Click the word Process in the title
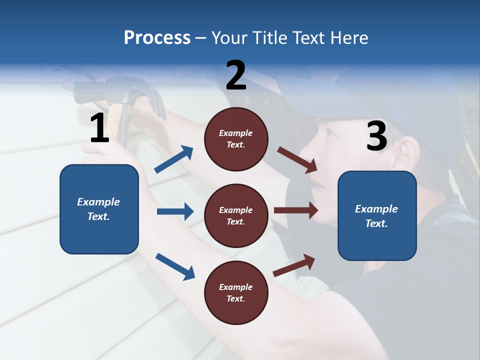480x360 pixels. pyautogui.click(x=157, y=37)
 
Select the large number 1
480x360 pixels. pyautogui.click(x=99, y=128)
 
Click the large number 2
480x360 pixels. pyautogui.click(x=236, y=75)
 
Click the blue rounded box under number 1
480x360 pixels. pyautogui.click(x=99, y=209)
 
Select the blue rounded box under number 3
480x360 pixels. pyautogui.click(x=377, y=215)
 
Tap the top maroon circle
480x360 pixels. pyautogui.click(x=236, y=138)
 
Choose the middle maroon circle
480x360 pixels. pyautogui.click(x=236, y=215)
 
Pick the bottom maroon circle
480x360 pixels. pyautogui.click(x=236, y=292)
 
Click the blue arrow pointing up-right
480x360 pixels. pyautogui.click(x=174, y=159)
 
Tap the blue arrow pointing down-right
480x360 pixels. pyautogui.click(x=175, y=266)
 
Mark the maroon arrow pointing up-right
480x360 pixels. pyautogui.click(x=294, y=265)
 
